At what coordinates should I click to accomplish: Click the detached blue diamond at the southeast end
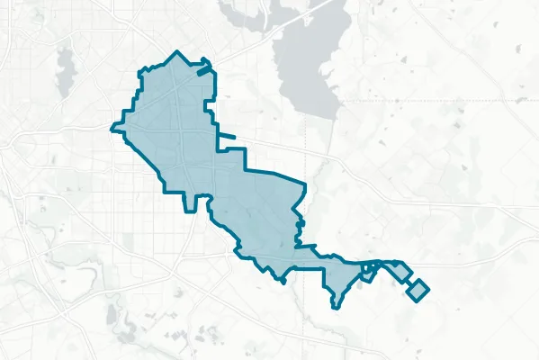click(x=418, y=290)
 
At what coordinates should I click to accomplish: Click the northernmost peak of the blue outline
click(x=178, y=53)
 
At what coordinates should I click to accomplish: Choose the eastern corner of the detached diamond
click(x=428, y=289)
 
